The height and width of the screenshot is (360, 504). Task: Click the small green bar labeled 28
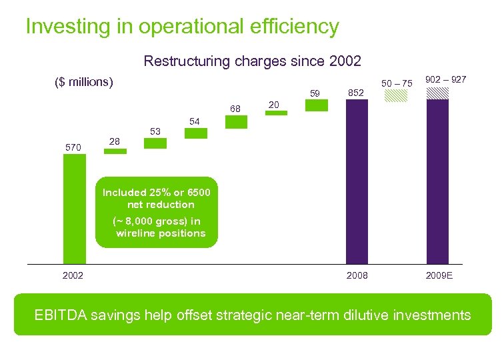click(x=115, y=151)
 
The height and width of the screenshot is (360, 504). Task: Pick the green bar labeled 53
click(x=155, y=142)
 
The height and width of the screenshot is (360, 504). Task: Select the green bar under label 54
click(x=196, y=133)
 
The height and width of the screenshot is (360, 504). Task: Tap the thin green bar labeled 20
click(x=276, y=113)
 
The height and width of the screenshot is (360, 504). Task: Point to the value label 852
click(x=357, y=93)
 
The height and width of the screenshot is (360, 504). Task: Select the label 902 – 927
click(x=446, y=79)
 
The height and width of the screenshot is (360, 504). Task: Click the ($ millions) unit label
click(x=84, y=83)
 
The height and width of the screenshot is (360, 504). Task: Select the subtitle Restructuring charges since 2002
click(x=252, y=61)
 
